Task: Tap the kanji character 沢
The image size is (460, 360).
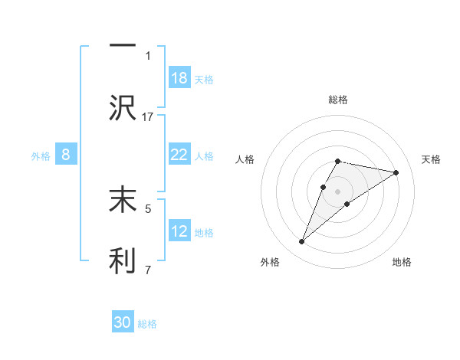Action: coord(123,108)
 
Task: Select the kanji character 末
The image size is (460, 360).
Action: coord(123,199)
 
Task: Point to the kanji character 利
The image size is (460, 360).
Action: coord(123,260)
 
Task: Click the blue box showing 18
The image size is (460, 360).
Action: coord(179,78)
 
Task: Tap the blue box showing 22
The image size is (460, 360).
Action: coord(179,155)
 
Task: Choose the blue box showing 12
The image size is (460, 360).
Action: coord(179,231)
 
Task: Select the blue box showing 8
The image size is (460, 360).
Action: coord(66,155)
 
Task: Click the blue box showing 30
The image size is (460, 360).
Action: coord(123,322)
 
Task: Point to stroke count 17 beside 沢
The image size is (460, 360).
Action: coord(148,116)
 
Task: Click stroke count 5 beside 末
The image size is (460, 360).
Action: coord(148,208)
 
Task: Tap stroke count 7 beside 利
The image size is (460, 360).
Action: coord(148,269)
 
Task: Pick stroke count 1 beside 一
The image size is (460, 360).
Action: coord(148,55)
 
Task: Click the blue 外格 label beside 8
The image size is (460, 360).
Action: coord(41,155)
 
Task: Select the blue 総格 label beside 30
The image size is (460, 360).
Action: coord(148,324)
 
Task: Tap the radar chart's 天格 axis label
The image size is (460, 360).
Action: coord(432,159)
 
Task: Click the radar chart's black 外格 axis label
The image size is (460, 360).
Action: coord(269,262)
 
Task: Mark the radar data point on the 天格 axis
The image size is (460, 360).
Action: coord(396,172)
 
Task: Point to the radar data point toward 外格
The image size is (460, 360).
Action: coord(302,242)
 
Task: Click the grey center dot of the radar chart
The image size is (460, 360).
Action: coord(337,190)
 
